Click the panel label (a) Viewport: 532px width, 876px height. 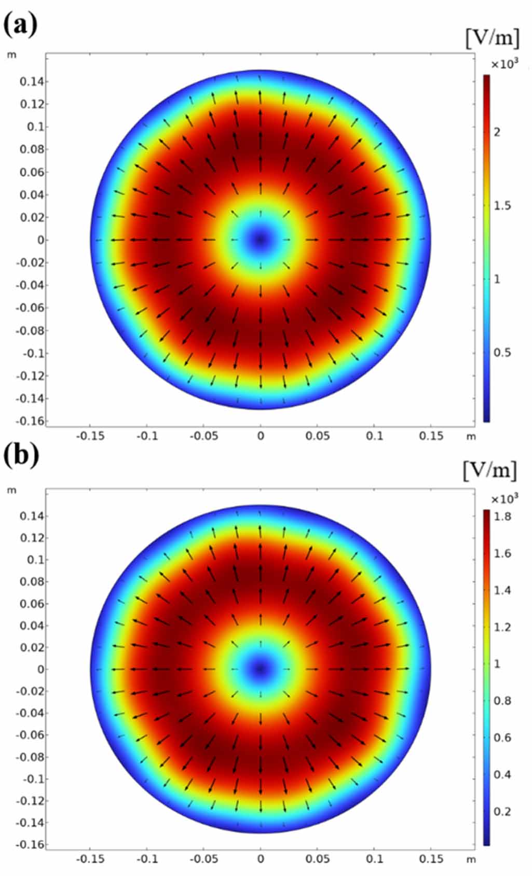[21, 25]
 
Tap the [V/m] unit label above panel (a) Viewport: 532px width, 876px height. [492, 38]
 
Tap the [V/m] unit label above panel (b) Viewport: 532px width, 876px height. [490, 470]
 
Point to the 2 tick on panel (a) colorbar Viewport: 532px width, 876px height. [497, 132]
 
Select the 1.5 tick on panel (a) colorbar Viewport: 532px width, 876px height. [501, 206]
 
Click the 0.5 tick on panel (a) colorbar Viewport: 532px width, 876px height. [501, 353]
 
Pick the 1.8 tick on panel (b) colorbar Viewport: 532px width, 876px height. [501, 517]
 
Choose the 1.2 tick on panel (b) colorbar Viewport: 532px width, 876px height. [501, 628]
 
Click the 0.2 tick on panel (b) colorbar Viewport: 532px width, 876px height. [501, 812]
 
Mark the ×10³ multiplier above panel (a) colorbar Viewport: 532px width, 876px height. [504, 64]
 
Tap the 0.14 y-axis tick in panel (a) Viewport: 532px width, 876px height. [31, 81]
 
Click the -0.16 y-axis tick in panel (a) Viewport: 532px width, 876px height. [30, 421]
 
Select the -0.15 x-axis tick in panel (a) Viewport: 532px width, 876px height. [90, 436]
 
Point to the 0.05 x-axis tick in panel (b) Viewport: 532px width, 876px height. [317, 859]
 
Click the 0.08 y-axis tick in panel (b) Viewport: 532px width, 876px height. [31, 581]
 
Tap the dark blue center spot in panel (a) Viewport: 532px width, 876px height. [260, 240]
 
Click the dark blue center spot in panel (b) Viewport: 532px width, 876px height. [260, 669]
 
